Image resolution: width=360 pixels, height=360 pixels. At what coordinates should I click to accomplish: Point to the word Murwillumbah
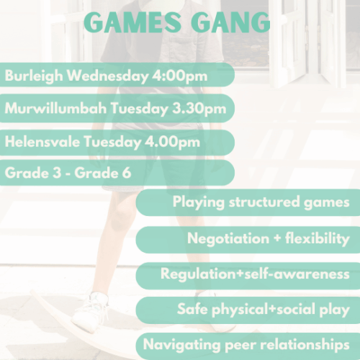tap(53, 109)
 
